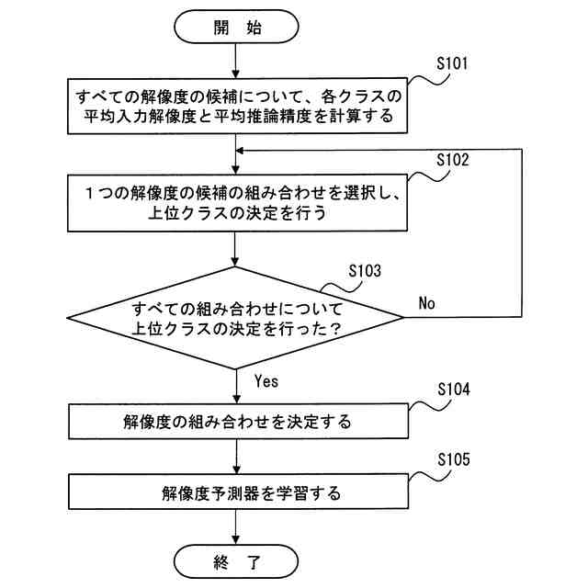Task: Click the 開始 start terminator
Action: point(236,27)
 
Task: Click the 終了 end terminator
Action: point(236,561)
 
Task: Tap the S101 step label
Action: point(452,63)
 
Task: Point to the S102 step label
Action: point(453,160)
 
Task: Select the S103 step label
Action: point(365,271)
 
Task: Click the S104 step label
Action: point(454,390)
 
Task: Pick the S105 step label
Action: point(454,459)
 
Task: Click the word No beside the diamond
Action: point(426,303)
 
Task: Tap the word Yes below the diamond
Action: point(266,381)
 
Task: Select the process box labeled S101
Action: point(237,106)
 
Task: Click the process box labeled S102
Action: point(237,202)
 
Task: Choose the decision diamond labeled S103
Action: point(235,318)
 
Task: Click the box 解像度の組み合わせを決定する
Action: point(238,421)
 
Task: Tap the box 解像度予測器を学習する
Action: point(238,492)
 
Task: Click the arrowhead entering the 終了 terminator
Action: point(236,540)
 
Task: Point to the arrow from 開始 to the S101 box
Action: point(236,61)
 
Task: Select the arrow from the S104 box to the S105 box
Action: point(236,457)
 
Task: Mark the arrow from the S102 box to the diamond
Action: point(235,249)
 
